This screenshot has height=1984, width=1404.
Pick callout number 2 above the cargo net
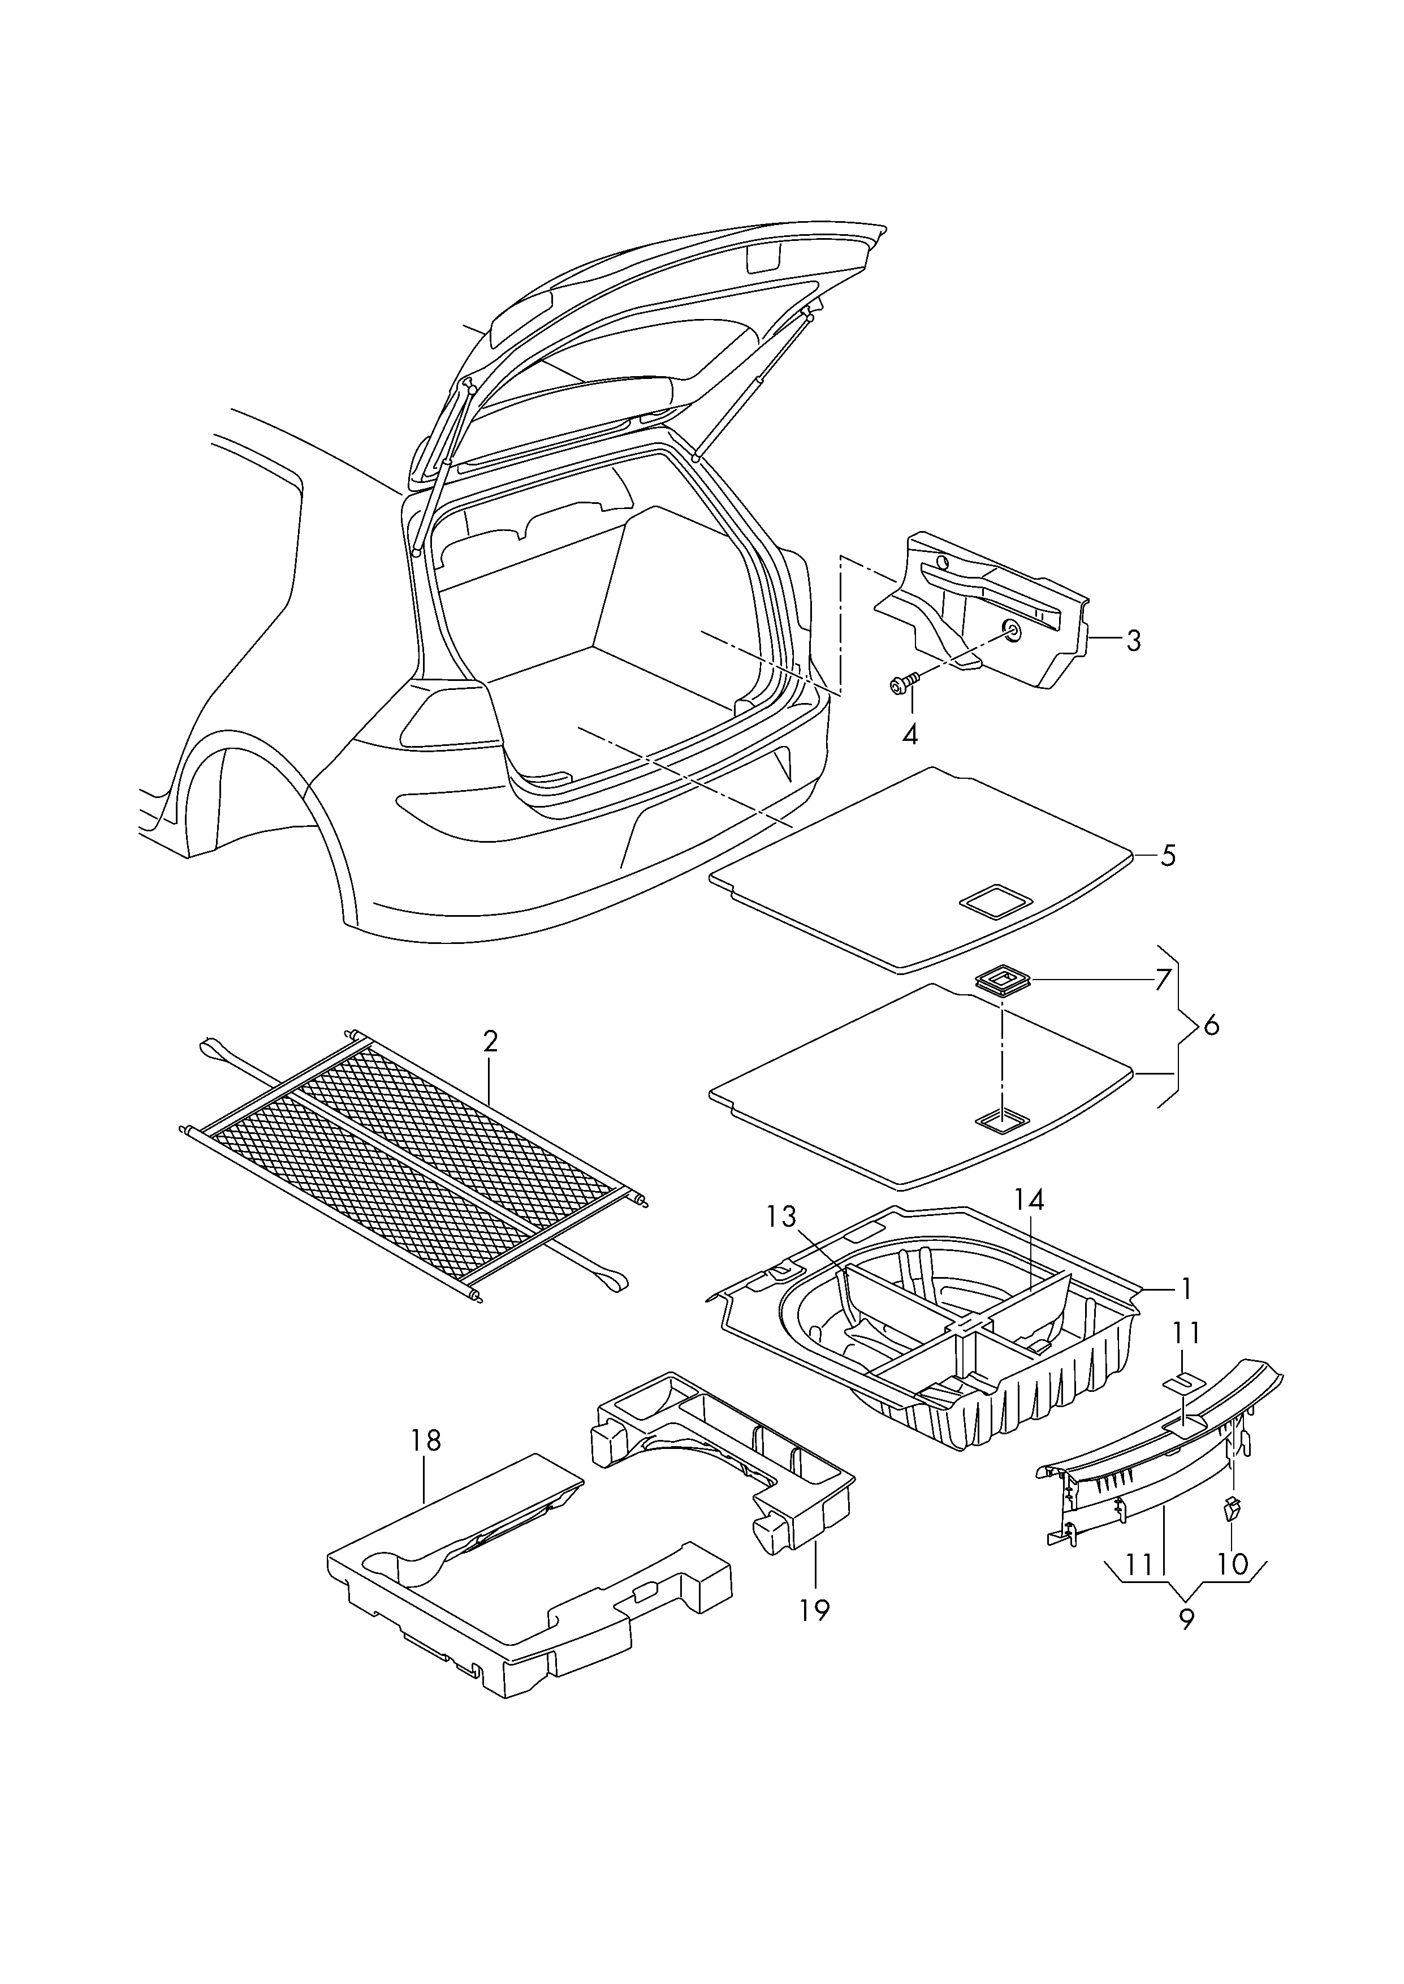pyautogui.click(x=490, y=1042)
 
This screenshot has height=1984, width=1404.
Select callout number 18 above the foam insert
pyautogui.click(x=426, y=1440)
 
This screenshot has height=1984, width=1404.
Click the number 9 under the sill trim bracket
pyautogui.click(x=1186, y=1620)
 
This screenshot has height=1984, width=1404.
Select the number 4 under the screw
pyautogui.click(x=909, y=735)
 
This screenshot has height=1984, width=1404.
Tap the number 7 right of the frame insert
pyautogui.click(x=1163, y=980)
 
